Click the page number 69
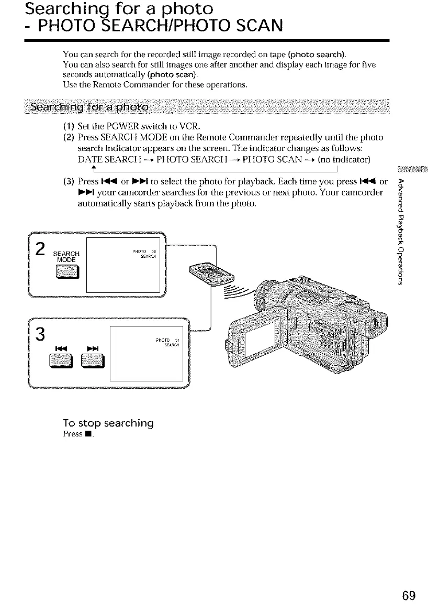click(x=409, y=596)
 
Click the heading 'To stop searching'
click(x=108, y=423)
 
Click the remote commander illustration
click(x=201, y=272)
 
